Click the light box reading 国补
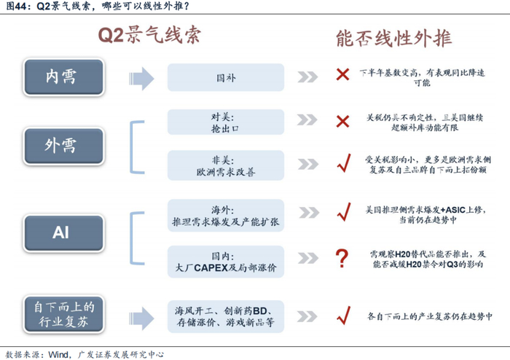(226, 77)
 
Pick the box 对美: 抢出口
(226, 121)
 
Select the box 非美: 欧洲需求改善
(226, 166)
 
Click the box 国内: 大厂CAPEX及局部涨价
(226, 261)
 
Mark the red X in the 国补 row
(342, 75)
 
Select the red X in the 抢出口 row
(342, 121)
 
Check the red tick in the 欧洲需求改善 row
(342, 165)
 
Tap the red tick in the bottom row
(342, 316)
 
